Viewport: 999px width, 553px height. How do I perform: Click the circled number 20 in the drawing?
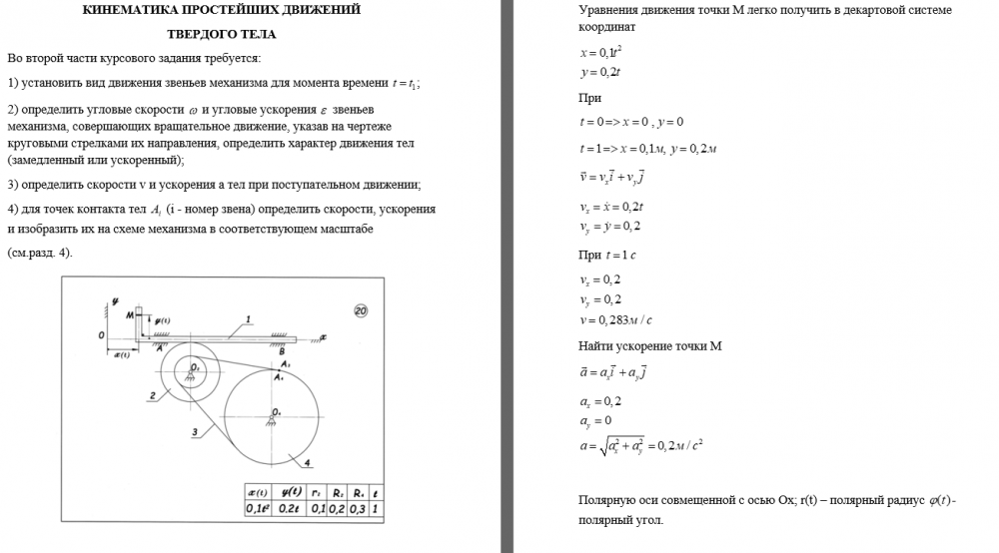pos(361,311)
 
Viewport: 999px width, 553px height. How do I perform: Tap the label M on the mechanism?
pos(130,314)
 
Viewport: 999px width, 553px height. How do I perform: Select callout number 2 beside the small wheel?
pos(152,396)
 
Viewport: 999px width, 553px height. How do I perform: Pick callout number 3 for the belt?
pos(196,431)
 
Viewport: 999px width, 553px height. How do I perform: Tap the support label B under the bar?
pos(282,350)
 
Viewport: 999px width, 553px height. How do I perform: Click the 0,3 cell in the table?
pos(357,508)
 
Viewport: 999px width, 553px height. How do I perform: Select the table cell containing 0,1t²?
pos(259,508)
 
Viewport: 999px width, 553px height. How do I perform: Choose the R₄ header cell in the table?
pos(357,492)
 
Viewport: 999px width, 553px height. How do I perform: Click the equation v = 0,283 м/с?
pos(615,320)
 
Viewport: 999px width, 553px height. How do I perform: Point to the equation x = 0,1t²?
pos(601,52)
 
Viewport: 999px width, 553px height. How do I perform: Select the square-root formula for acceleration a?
pos(641,446)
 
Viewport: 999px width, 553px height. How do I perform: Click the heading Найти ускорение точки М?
pos(649,346)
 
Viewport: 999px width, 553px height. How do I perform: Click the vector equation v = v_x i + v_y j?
pos(611,177)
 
